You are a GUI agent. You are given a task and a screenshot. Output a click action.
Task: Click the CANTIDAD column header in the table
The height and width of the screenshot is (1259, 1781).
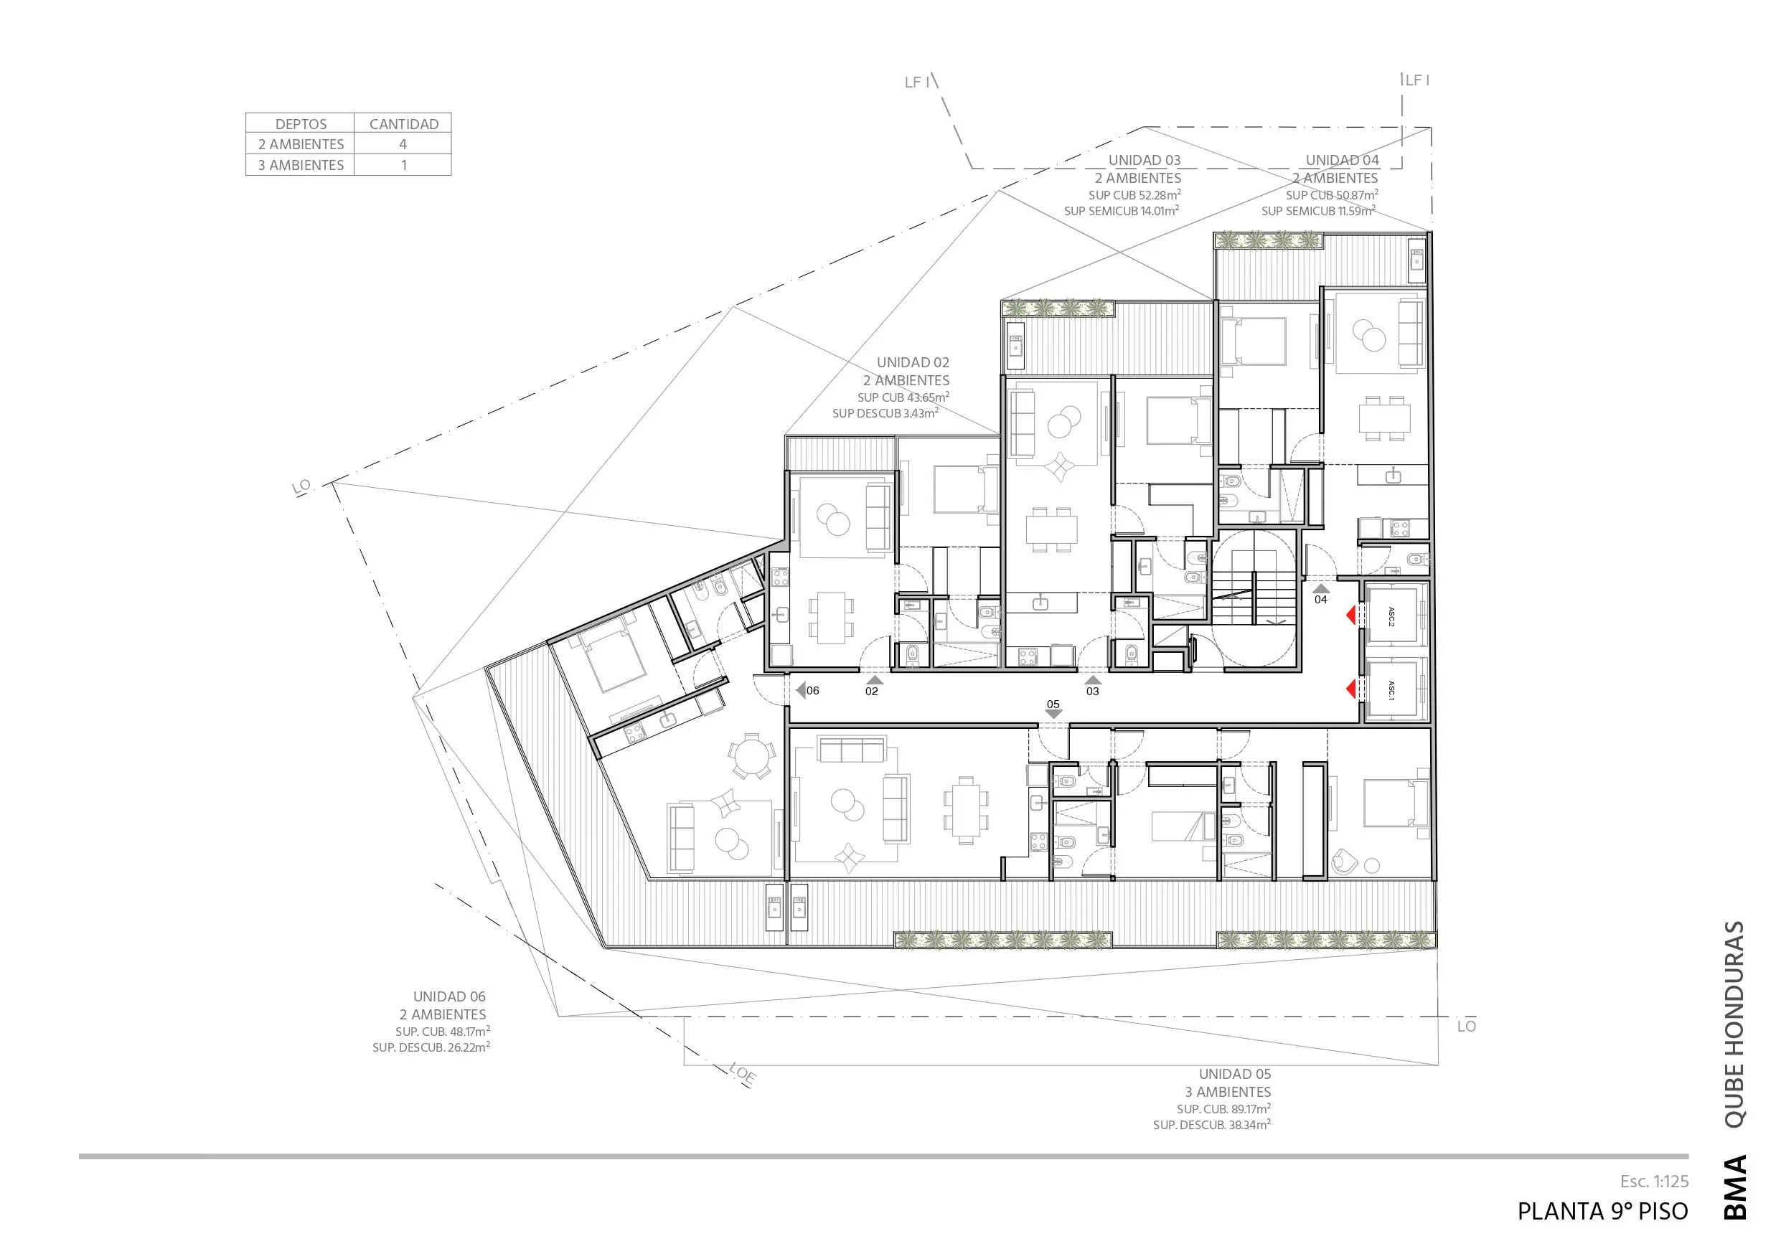pyautogui.click(x=403, y=124)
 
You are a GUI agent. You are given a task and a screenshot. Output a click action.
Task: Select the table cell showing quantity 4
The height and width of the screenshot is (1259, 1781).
pyautogui.click(x=403, y=144)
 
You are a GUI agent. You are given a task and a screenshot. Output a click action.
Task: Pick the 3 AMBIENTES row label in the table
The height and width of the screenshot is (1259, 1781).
pyautogui.click(x=301, y=165)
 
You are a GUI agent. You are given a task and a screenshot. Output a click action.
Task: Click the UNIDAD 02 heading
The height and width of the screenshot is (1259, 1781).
pyautogui.click(x=913, y=362)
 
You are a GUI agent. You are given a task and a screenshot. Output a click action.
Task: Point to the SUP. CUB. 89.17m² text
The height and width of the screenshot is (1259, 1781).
pyautogui.click(x=1223, y=1108)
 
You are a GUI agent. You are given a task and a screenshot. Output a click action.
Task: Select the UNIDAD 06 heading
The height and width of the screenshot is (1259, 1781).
pyautogui.click(x=449, y=997)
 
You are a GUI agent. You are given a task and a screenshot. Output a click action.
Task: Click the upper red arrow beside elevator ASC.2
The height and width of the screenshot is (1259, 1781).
pyautogui.click(x=1350, y=615)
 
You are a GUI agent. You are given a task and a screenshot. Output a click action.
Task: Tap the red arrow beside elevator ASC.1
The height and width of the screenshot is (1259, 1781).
pyautogui.click(x=1350, y=688)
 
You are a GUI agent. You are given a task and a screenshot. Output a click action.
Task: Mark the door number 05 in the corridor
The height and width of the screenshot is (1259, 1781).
pyautogui.click(x=1053, y=704)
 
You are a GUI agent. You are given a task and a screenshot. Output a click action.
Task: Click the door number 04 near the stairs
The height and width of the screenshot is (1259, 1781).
pyautogui.click(x=1320, y=600)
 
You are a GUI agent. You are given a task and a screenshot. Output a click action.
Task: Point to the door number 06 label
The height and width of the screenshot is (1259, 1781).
pyautogui.click(x=812, y=690)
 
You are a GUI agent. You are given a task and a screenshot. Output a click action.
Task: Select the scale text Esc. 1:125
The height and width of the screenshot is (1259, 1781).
pyautogui.click(x=1654, y=1182)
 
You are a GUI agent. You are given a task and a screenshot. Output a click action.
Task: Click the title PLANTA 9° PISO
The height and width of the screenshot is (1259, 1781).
pyautogui.click(x=1602, y=1212)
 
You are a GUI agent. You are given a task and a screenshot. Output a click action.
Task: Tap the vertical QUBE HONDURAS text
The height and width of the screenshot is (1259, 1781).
pyautogui.click(x=1734, y=1024)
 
